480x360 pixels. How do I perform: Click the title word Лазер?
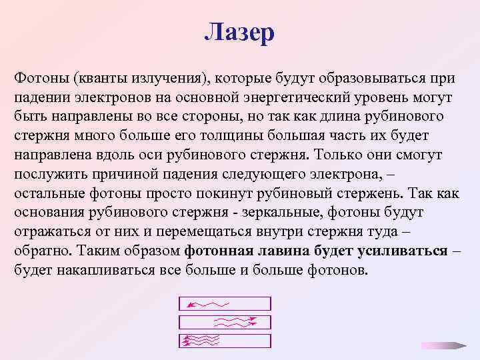[239, 32]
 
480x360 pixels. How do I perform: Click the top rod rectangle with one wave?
[225, 304]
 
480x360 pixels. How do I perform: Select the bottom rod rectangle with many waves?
[225, 341]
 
